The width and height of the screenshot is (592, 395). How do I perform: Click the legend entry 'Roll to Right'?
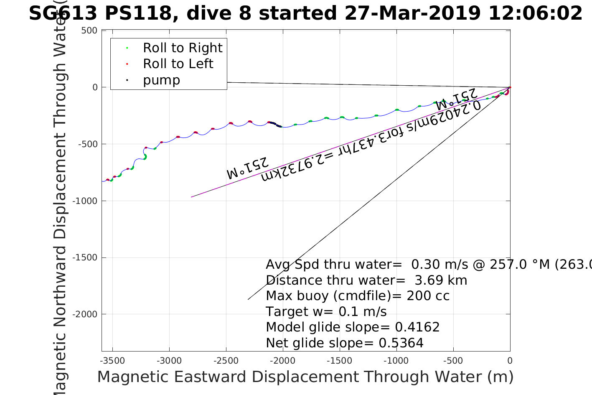(183, 48)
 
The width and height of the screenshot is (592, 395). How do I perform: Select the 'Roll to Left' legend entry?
(178, 64)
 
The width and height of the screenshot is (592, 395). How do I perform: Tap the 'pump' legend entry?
(161, 80)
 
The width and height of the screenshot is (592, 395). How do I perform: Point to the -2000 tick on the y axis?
(86, 314)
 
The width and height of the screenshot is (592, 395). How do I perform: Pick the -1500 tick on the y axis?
(86, 257)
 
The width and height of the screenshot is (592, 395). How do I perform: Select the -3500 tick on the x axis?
(113, 361)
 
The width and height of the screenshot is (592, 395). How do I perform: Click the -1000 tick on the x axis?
(396, 361)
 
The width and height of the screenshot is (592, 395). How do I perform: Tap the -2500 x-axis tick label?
(226, 361)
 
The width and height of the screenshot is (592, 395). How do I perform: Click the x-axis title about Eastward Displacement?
(305, 377)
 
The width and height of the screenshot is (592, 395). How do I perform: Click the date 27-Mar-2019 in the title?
(412, 13)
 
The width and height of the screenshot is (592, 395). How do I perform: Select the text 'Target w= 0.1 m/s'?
(326, 312)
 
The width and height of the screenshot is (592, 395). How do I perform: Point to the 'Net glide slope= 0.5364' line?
(345, 343)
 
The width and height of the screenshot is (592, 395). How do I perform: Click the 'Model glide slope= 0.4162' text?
(353, 327)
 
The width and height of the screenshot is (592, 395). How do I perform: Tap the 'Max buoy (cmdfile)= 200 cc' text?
(358, 296)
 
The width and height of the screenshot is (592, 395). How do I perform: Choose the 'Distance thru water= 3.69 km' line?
(366, 280)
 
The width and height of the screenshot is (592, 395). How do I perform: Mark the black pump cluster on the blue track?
(275, 124)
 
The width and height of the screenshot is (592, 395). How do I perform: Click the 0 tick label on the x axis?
(510, 361)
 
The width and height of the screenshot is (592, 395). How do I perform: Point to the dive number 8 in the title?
(245, 13)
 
